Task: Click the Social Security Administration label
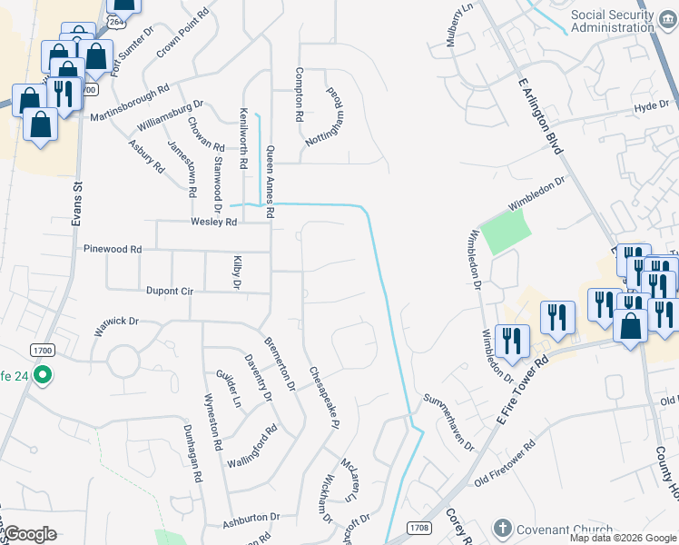612,21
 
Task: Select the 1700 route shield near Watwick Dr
42,349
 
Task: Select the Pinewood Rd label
113,249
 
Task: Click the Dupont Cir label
170,292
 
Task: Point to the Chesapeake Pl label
324,398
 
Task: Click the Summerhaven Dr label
448,421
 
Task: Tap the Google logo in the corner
30,534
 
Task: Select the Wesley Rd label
213,222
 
